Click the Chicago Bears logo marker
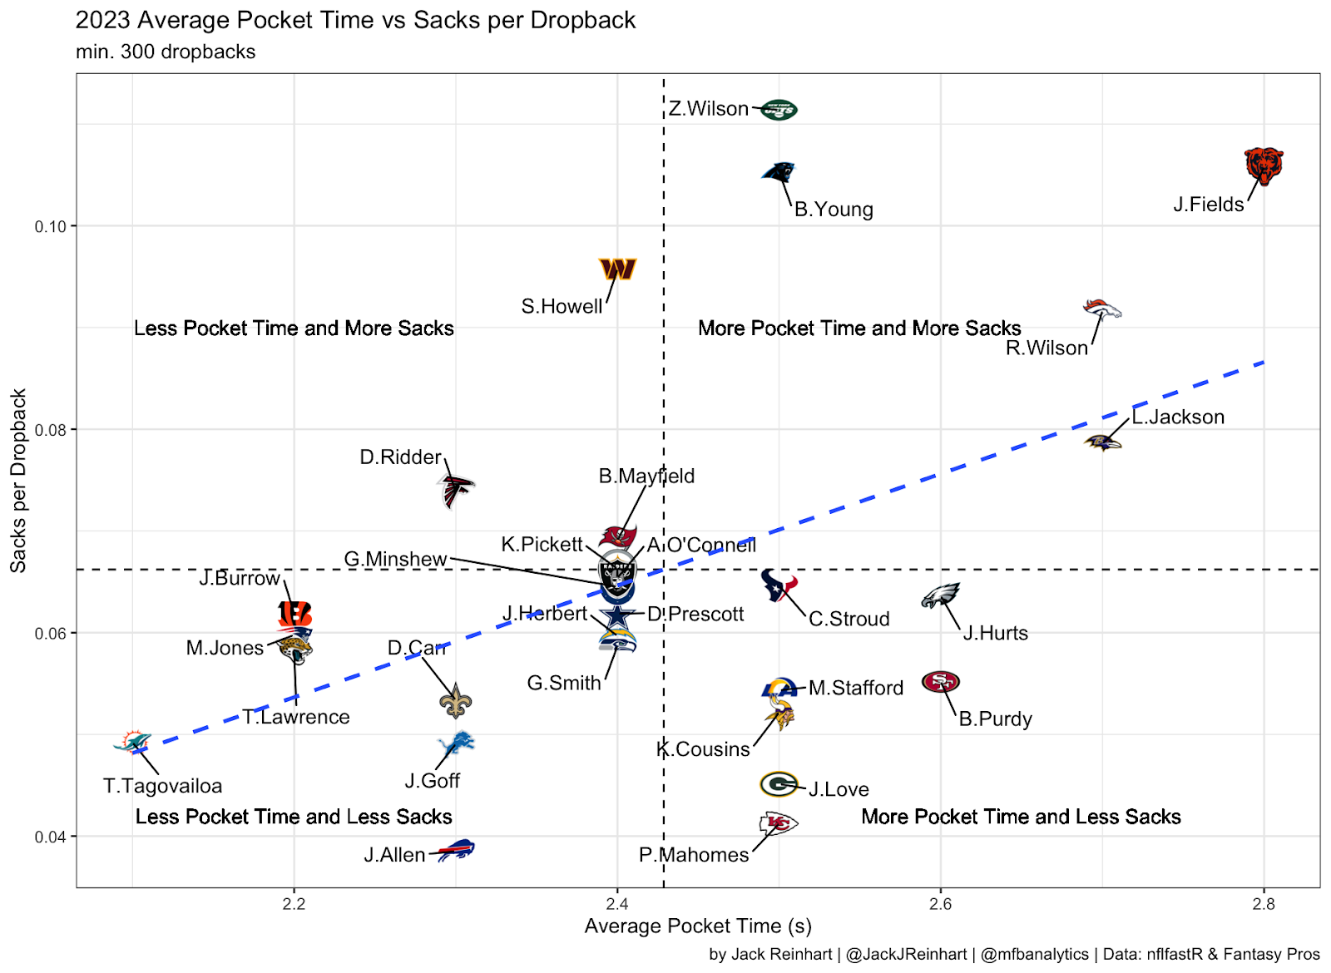(x=1263, y=166)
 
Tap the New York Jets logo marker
(x=779, y=110)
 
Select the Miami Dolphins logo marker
(x=133, y=742)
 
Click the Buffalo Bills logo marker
(x=456, y=850)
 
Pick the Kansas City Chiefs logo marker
(x=778, y=824)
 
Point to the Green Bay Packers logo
(x=779, y=784)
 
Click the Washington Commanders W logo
(x=617, y=269)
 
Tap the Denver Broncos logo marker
(x=1101, y=309)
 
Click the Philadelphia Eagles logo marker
(x=941, y=595)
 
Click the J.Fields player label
(x=1208, y=205)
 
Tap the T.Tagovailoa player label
(x=163, y=786)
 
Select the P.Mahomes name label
(x=694, y=855)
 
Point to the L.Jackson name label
(x=1178, y=417)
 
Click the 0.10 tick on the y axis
(x=49, y=227)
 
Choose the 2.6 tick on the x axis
(x=940, y=905)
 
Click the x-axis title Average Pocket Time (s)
(x=698, y=926)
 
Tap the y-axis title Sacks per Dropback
(x=18, y=481)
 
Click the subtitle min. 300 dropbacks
(x=166, y=52)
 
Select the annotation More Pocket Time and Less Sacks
(x=1021, y=817)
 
